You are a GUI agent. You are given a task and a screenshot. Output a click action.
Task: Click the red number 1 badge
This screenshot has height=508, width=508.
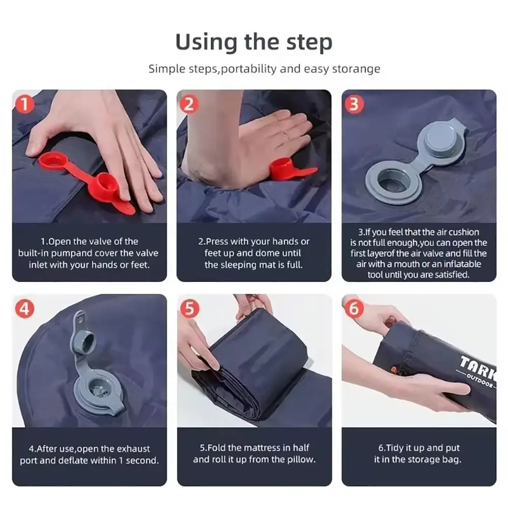24,104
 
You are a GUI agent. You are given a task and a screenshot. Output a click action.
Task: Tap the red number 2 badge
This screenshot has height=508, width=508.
189,104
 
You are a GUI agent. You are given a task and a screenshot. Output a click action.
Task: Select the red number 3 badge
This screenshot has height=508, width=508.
354,104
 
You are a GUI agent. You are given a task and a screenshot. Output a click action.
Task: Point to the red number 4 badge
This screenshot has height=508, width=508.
24,308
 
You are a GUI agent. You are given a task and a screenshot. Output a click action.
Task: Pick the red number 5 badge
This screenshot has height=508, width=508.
189,308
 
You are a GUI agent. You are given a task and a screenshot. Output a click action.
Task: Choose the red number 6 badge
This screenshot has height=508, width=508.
354,308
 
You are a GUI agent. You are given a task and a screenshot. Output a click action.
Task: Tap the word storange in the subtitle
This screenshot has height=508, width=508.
357,69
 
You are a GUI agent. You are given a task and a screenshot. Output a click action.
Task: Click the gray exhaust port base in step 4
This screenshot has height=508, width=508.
99,393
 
